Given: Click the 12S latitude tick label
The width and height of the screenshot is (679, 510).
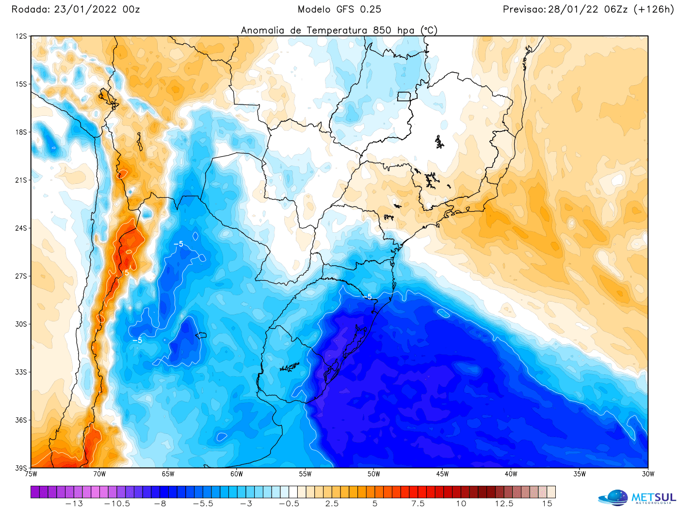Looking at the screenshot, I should point(21,36).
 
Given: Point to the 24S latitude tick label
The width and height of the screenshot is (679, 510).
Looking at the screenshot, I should point(21,228).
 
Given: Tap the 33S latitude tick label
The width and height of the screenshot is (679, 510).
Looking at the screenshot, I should point(21,372).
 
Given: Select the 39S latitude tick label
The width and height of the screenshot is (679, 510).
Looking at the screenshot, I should point(21,468).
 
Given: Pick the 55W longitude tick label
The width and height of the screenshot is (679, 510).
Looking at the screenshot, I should point(305,474).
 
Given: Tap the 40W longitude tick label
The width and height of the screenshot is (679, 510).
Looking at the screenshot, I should point(511,474).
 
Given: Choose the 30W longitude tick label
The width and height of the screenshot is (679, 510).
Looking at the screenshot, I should point(648,474).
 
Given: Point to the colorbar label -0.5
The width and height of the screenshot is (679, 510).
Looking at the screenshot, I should point(289,504).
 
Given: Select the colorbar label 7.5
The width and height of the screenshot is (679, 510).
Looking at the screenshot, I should point(418,504).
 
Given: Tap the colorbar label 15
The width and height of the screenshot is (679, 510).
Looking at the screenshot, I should point(547,504).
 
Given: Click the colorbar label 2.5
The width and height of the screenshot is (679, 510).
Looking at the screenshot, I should point(332,504).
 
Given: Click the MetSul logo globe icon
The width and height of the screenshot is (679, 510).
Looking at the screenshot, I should point(614,498).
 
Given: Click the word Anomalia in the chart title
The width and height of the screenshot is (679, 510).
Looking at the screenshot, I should point(263,31).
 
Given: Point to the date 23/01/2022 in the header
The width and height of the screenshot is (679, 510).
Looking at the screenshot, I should point(85,9).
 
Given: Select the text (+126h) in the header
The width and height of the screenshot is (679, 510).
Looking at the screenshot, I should point(654,9).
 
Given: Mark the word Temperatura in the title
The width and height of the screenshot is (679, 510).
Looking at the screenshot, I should point(338,31).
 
